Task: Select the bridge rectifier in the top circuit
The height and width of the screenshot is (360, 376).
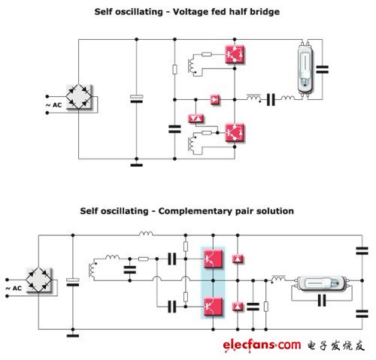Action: click(x=79, y=96)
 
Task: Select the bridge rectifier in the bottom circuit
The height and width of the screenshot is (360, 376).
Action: click(x=38, y=280)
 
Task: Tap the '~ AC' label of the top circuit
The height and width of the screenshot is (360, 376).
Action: click(x=53, y=105)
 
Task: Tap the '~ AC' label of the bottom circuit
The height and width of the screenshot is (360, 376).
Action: click(x=14, y=289)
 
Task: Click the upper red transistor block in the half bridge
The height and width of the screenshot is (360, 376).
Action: click(x=235, y=54)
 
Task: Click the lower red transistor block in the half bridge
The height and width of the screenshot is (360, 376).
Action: click(x=235, y=133)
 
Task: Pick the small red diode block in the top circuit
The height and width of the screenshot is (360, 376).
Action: click(x=215, y=100)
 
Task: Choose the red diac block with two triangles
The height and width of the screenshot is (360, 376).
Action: click(x=196, y=118)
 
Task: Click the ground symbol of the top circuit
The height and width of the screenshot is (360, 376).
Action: click(x=136, y=165)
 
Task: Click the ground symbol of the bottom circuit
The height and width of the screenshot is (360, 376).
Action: click(x=73, y=336)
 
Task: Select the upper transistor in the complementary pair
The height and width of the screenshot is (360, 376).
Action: click(x=213, y=259)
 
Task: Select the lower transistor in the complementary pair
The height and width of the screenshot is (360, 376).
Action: click(x=213, y=307)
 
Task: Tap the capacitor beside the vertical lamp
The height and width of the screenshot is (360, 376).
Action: click(x=323, y=69)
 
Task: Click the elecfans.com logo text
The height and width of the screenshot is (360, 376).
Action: click(x=262, y=346)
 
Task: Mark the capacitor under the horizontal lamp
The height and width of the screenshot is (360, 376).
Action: click(x=322, y=301)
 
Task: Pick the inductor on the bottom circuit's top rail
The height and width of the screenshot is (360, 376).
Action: click(x=146, y=234)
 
